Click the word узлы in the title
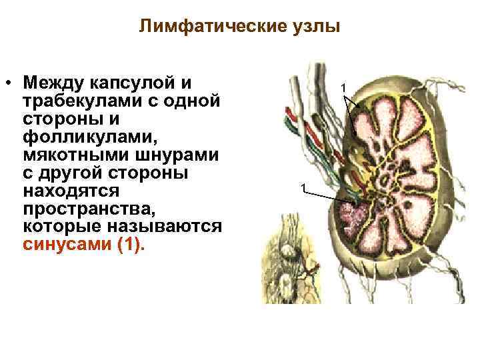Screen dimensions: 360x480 [315, 27]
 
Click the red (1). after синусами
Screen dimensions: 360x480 [130, 245]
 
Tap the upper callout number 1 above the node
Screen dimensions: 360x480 [344, 87]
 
